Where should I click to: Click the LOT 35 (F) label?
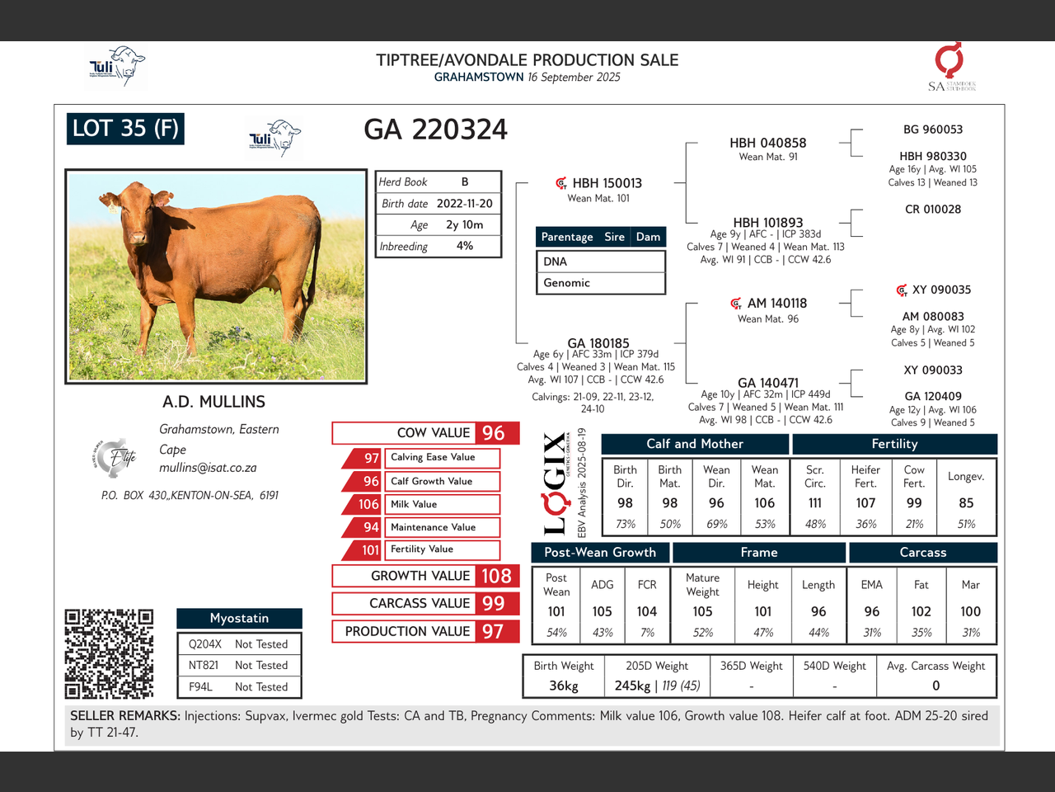(125, 129)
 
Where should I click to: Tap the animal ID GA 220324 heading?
(435, 130)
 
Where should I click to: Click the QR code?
(109, 653)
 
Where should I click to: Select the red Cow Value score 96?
(493, 433)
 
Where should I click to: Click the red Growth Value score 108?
(496, 576)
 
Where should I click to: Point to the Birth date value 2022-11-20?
(464, 203)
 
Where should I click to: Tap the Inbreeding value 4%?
(464, 246)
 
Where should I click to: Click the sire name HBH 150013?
(607, 183)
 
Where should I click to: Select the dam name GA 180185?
(598, 343)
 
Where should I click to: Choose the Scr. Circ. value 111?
(814, 502)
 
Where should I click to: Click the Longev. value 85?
(966, 502)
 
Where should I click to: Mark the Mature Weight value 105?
(702, 611)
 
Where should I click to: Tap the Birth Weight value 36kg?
(564, 686)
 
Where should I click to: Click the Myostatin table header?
(239, 618)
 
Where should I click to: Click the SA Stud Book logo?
(950, 67)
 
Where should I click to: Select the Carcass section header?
(922, 553)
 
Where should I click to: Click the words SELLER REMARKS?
(124, 715)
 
